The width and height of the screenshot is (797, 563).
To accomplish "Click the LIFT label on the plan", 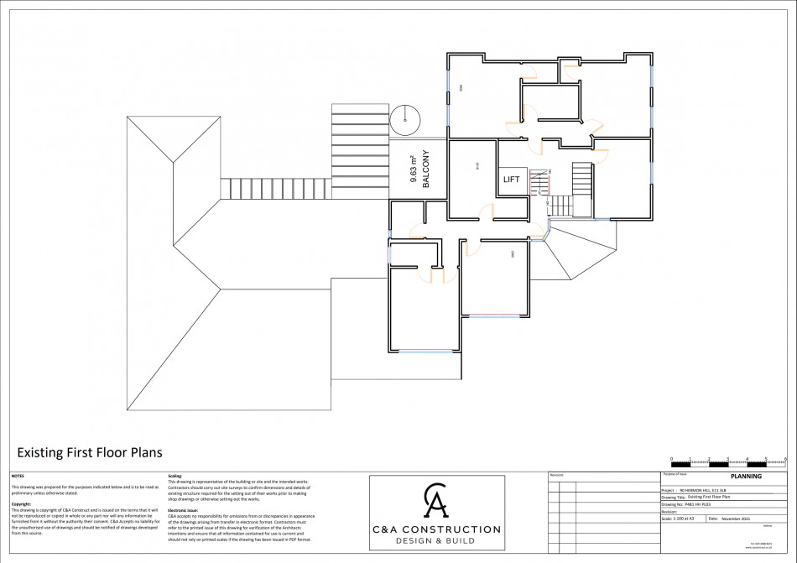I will [x=512, y=180].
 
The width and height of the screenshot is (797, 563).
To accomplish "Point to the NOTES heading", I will [x=17, y=476].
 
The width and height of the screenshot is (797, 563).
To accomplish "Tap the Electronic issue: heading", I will [x=183, y=509].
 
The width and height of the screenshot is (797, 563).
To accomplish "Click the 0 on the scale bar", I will [x=671, y=458].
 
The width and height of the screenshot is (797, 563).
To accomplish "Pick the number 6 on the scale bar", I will [x=785, y=458].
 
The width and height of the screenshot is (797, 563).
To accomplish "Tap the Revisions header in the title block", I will [x=557, y=476].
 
